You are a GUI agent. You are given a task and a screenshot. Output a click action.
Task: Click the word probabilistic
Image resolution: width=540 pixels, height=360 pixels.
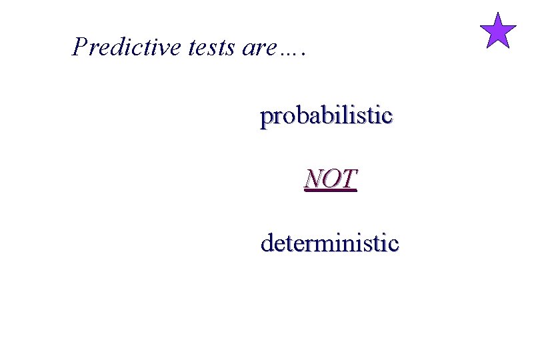click(326, 117)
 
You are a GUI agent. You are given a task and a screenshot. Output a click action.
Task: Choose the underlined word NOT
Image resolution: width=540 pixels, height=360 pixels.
click(331, 179)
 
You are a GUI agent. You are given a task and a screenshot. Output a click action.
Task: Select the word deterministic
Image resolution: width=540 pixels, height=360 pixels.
click(329, 243)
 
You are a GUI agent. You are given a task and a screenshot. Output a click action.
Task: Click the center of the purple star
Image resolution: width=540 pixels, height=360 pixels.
click(498, 33)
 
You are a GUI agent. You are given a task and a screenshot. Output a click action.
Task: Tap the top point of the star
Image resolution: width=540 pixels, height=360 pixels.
click(498, 13)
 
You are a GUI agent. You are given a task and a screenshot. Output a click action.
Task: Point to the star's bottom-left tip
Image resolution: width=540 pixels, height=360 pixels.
click(487, 47)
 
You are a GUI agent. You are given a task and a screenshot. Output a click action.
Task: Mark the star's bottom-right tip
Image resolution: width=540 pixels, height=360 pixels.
click(509, 47)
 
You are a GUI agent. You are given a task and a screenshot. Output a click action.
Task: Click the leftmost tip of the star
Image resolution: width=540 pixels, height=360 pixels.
click(480, 26)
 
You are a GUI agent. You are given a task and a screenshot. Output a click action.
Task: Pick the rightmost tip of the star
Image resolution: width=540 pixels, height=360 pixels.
click(517, 26)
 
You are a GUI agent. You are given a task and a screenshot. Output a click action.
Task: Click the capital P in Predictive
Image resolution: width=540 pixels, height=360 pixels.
click(79, 47)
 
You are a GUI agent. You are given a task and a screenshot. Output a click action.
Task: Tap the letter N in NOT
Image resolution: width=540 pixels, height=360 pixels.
click(313, 179)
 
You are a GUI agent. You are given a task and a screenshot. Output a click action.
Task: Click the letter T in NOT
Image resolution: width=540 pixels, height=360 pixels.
click(349, 179)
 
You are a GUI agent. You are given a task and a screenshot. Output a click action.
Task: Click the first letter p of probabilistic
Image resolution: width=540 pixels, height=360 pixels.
click(266, 119)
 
